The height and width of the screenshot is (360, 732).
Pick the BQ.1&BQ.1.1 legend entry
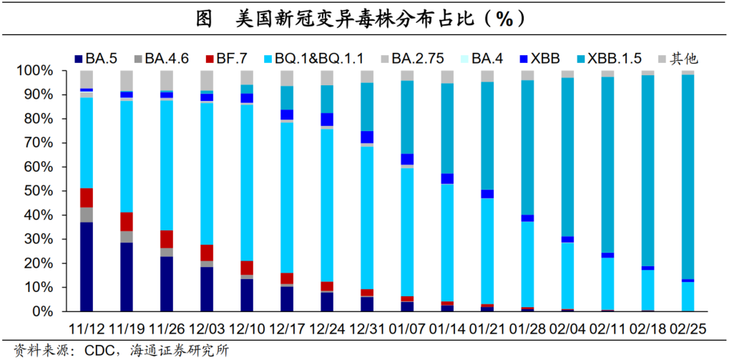316,59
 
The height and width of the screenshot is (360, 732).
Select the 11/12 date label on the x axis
86,331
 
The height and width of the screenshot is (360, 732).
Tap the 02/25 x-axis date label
688,331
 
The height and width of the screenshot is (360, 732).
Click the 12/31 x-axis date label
367,331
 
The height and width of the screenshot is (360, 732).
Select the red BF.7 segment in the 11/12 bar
87,198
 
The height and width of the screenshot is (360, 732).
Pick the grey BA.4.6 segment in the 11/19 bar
127,237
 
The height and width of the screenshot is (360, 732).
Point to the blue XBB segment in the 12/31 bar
367,137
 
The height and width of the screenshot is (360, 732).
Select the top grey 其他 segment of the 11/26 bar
167,80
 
